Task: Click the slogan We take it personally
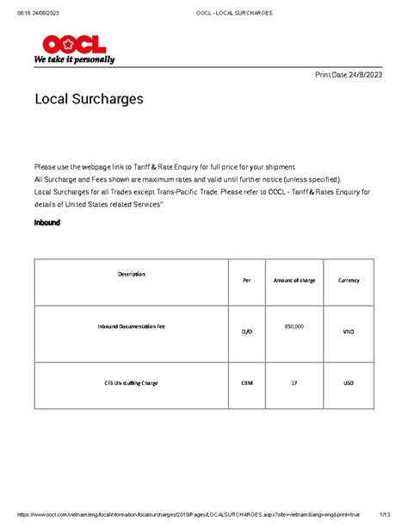[x=74, y=60]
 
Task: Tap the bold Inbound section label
[x=46, y=222]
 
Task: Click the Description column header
[x=132, y=274]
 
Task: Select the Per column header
[x=247, y=281]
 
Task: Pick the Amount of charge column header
[x=294, y=281]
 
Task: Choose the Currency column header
[x=349, y=281]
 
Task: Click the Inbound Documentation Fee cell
[x=132, y=329]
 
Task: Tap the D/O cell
[x=247, y=332]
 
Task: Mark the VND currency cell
[x=349, y=332]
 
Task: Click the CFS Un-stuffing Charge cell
[x=132, y=382]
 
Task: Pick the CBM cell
[x=247, y=382]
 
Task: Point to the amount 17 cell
[x=294, y=382]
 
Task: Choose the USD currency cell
[x=349, y=382]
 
